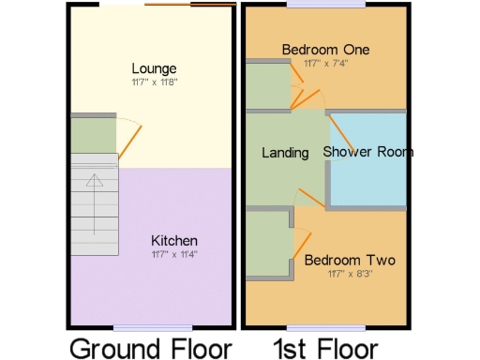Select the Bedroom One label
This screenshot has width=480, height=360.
coord(326,50)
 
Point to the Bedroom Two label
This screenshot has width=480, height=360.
coord(349,261)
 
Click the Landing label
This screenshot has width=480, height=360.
coord(285,153)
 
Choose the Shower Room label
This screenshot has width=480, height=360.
coord(368,152)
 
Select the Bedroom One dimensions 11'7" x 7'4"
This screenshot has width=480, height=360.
coord(325,63)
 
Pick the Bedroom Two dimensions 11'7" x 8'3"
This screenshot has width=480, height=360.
coord(349,274)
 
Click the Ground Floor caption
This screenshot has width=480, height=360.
coord(150,348)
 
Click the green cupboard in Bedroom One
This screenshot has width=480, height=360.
coord(266,85)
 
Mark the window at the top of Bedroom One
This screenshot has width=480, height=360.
coord(313,5)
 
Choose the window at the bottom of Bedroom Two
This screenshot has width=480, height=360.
coord(313,326)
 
